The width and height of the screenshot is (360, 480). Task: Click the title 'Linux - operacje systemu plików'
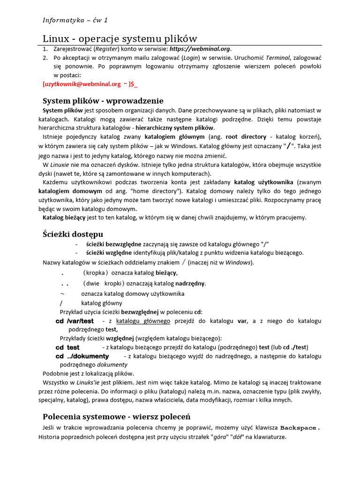tap(120, 38)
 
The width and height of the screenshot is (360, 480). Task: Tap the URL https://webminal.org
tap(200, 49)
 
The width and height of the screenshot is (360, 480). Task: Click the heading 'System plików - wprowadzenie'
tap(103, 101)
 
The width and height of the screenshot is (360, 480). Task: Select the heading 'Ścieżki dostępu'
tap(73, 234)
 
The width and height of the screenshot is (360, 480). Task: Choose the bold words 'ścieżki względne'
tap(109, 253)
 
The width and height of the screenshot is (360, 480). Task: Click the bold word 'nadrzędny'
tap(190, 284)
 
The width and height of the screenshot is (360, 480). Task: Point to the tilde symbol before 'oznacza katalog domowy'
tap(62, 293)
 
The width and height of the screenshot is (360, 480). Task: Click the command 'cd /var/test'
tap(75, 321)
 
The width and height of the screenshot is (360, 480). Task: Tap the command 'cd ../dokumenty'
tap(82, 356)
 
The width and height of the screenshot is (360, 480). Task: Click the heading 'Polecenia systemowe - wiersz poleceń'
tap(116, 417)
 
